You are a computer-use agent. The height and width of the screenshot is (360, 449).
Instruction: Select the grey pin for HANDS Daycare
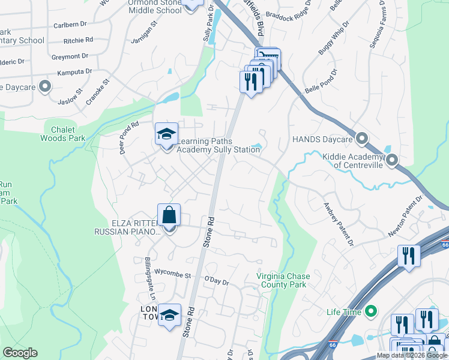click(361, 139)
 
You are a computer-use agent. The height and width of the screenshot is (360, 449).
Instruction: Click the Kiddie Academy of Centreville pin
click(392, 160)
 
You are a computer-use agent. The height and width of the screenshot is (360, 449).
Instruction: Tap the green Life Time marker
click(371, 311)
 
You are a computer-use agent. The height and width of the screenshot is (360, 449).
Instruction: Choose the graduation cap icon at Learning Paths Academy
click(167, 134)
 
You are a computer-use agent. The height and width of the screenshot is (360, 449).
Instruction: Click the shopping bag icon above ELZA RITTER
click(169, 215)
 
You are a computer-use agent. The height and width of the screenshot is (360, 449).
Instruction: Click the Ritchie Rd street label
click(80, 40)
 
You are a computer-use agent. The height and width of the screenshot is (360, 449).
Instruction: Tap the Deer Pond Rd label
click(129, 137)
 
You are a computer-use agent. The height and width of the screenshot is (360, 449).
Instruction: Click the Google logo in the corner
click(20, 353)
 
